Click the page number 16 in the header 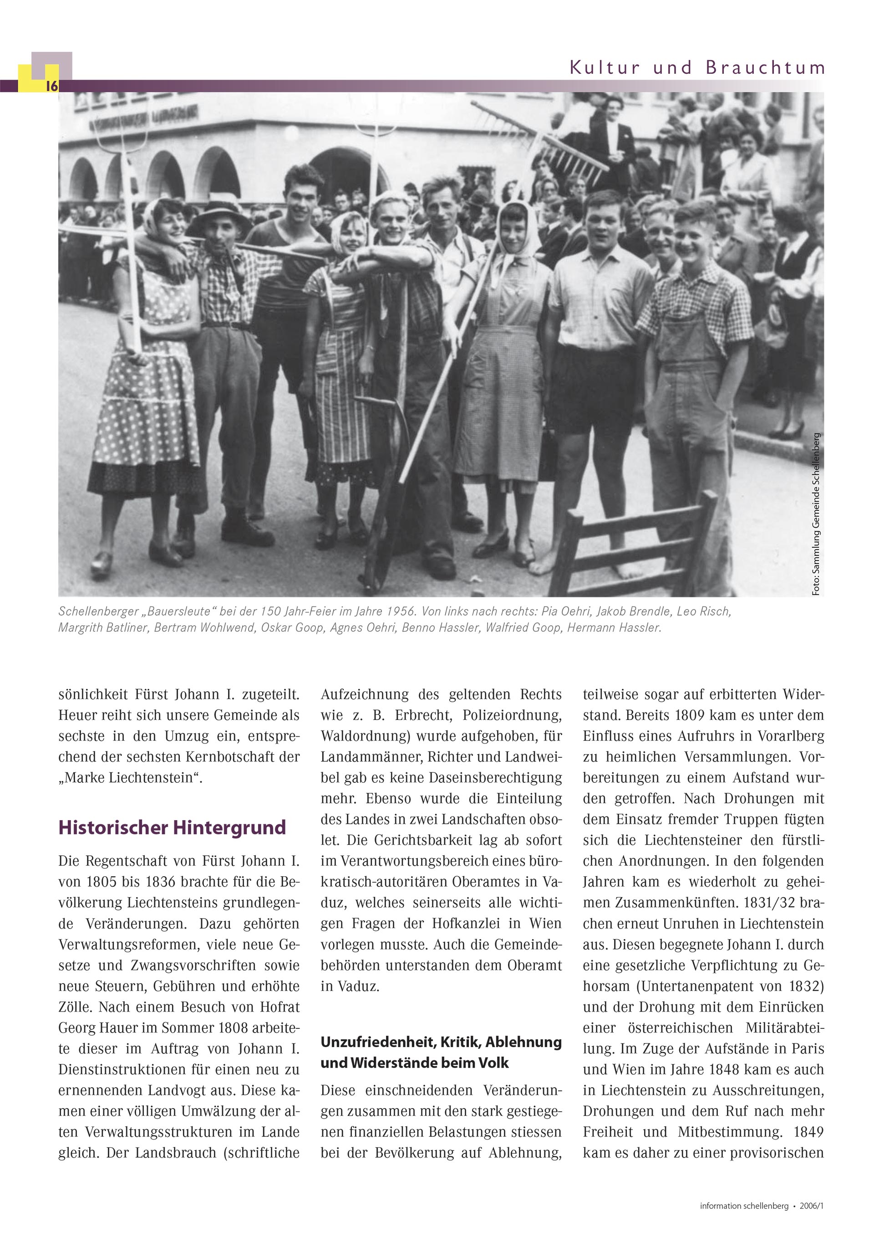pos(52,86)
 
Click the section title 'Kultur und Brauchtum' pos(697,68)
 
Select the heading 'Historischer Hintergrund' pos(172,827)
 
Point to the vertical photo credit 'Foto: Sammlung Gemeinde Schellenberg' pos(816,514)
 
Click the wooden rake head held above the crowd pos(555,143)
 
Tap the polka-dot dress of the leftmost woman pos(146,399)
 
